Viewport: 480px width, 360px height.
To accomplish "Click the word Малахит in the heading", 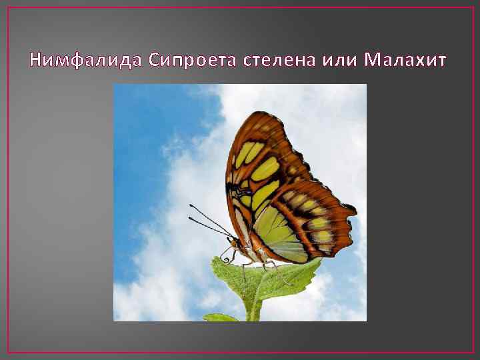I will click(x=406, y=61).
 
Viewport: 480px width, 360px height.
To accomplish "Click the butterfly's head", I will click(x=235, y=243).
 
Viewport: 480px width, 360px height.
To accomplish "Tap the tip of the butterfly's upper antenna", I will click(x=190, y=205).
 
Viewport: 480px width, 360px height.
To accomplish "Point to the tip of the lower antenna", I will click(x=189, y=218).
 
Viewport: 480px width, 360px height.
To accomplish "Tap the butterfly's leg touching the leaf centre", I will click(x=265, y=267).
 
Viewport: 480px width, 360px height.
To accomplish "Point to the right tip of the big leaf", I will click(x=318, y=262).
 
